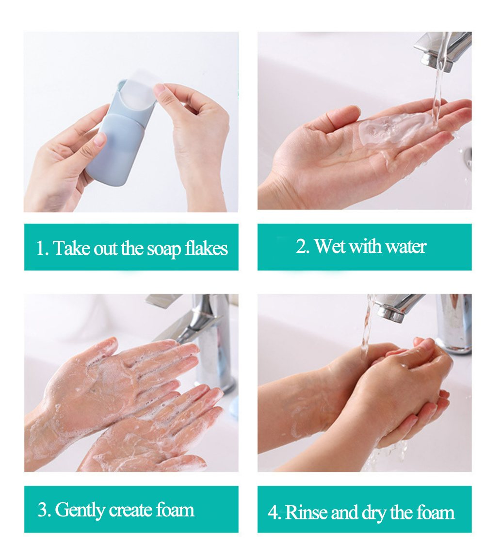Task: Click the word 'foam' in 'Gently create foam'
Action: [175, 510]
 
